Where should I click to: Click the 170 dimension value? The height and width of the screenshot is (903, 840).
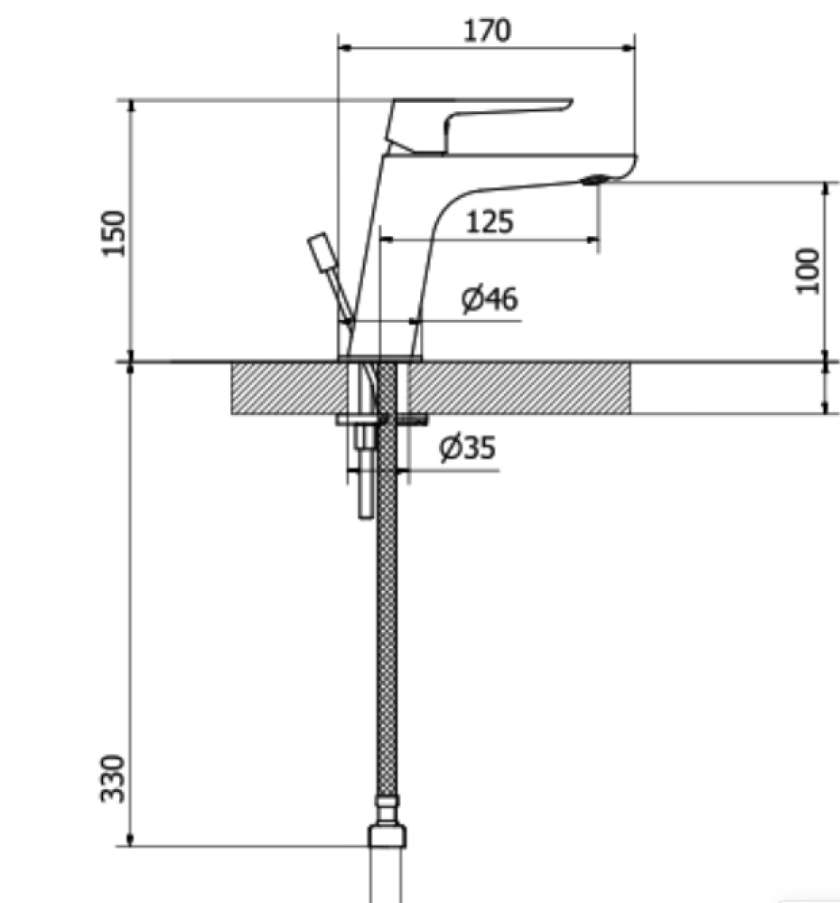point(487,30)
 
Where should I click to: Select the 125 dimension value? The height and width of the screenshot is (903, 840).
point(489,222)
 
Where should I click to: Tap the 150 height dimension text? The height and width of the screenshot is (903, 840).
point(115,232)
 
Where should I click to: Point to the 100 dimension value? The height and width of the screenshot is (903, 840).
point(808,269)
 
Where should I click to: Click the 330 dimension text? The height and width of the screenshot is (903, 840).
point(115,778)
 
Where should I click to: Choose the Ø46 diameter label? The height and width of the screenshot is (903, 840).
point(490,298)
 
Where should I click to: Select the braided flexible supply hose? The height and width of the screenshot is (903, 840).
point(387,633)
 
